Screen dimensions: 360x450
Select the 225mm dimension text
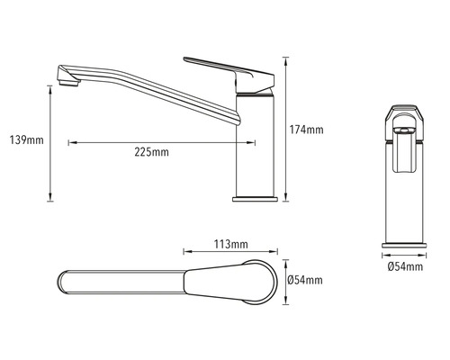[x=151, y=153]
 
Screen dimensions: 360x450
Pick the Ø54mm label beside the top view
[x=306, y=281]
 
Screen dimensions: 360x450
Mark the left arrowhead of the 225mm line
[x=70, y=141]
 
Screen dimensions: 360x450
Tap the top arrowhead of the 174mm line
[x=285, y=60]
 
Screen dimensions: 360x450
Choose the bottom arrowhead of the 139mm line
[x=49, y=199]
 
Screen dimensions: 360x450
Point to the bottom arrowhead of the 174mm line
[x=285, y=199]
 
